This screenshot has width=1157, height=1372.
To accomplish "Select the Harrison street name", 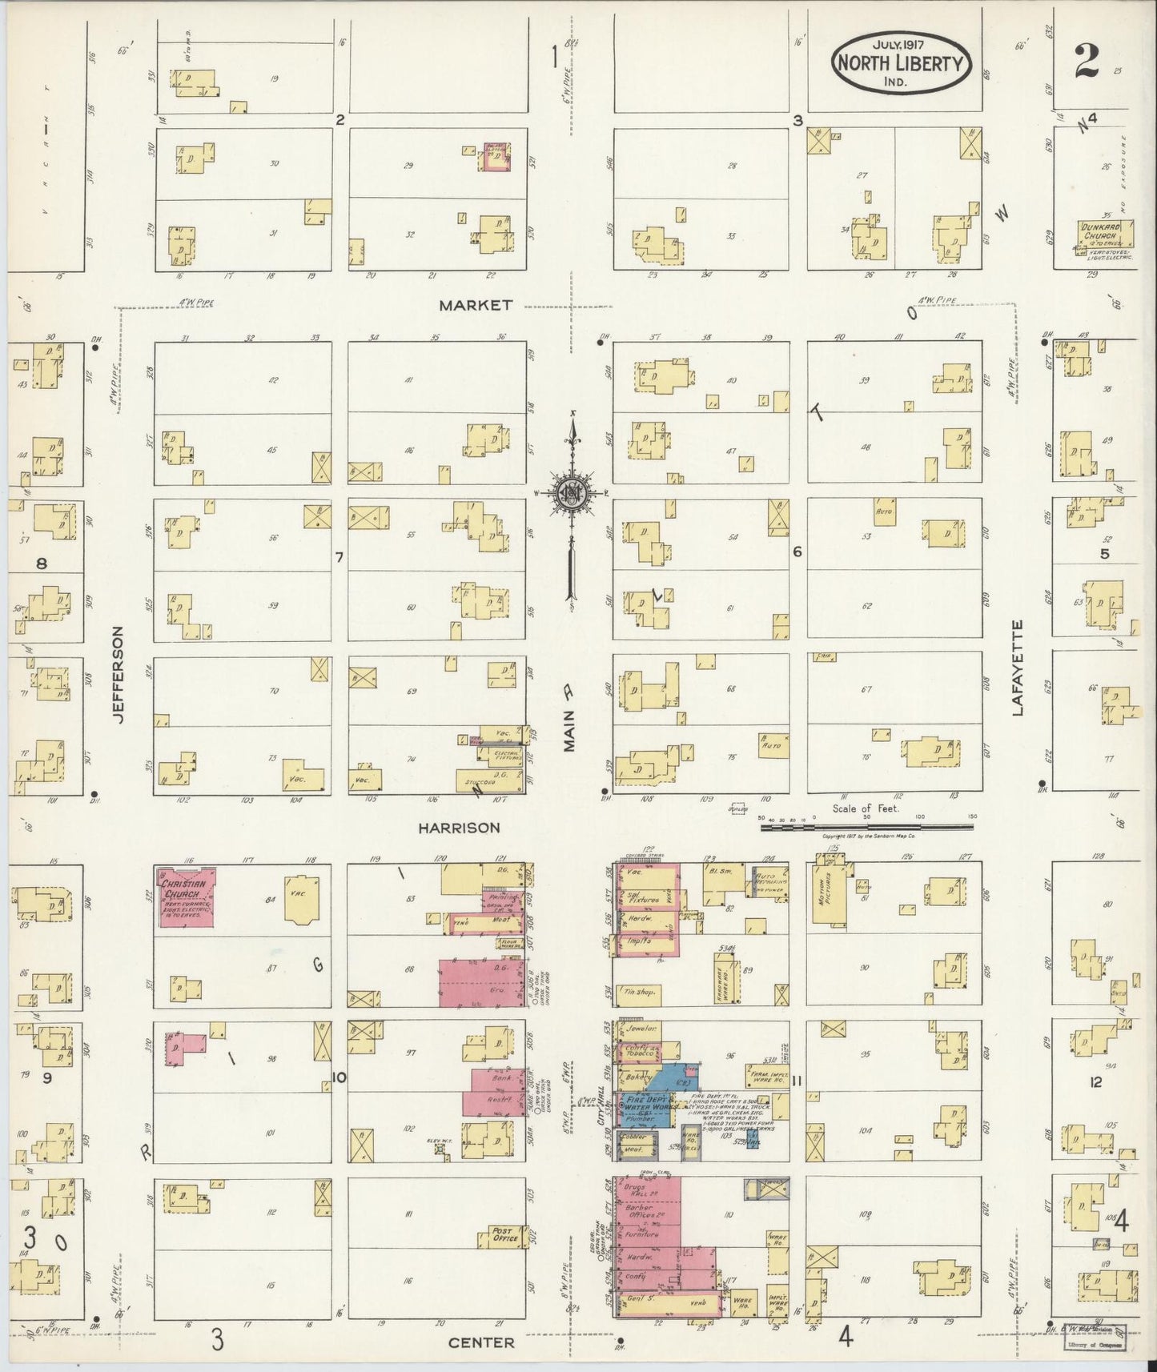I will click(x=460, y=828).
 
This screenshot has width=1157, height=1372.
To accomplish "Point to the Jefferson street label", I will click(x=119, y=675).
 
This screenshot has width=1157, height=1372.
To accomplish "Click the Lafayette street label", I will click(x=1018, y=666).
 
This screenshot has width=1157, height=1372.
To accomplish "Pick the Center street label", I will click(x=481, y=1342).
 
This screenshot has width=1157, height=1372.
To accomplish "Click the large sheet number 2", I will click(x=1086, y=58).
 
